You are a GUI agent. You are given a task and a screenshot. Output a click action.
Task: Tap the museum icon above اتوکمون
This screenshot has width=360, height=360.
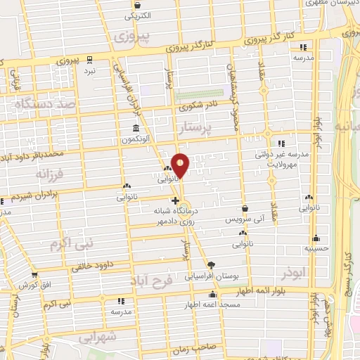(x=135, y=129)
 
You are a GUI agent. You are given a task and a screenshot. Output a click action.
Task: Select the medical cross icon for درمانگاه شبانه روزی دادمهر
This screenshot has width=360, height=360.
(x=165, y=200)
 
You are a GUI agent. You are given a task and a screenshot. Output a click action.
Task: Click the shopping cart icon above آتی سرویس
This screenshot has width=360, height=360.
(x=245, y=209)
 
